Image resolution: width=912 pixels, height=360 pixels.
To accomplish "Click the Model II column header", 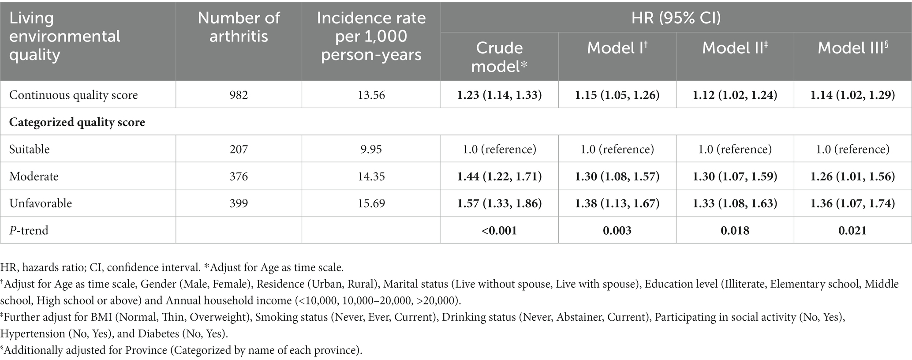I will point(734,48).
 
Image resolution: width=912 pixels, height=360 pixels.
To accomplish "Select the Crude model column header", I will point(499,57).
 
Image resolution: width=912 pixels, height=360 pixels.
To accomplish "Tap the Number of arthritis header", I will point(239,27).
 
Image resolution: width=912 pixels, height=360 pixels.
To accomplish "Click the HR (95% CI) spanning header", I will point(676,18).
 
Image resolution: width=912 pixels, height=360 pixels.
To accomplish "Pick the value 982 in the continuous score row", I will point(239,95).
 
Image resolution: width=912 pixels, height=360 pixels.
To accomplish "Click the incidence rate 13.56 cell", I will point(371,95).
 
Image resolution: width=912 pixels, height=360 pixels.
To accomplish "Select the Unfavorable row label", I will point(41,203).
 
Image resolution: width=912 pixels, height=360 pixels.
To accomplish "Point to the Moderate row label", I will point(34,176).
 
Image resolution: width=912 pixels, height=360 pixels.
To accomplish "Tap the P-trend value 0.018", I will point(735,230).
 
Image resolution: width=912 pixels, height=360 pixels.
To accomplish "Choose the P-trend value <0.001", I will point(499,230).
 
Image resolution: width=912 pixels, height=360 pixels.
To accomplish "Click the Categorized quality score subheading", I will point(77,122).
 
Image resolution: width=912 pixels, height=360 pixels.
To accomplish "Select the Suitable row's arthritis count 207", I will point(239,149).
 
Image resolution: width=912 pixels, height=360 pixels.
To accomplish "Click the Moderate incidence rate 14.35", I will point(371,176).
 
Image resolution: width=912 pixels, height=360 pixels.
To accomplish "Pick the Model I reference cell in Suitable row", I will point(617,149).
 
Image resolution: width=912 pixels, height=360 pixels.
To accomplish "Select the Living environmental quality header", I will point(64,36).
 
